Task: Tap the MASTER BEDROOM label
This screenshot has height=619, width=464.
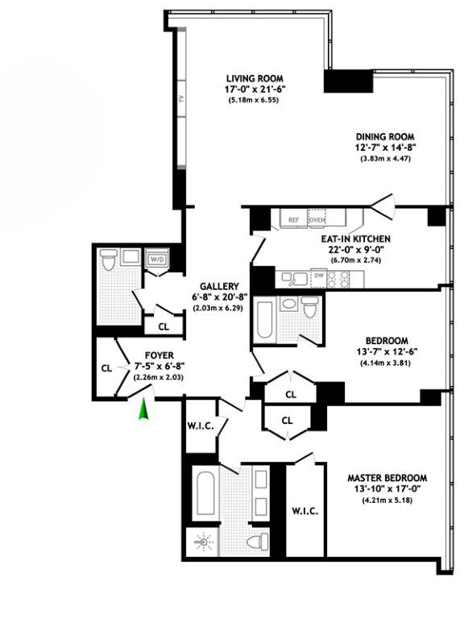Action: [387, 477]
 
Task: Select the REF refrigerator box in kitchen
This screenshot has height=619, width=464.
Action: [294, 218]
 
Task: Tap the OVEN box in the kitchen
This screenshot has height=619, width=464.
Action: [317, 218]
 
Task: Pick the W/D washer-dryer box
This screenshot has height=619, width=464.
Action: [156, 260]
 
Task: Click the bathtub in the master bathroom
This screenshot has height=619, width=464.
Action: [204, 496]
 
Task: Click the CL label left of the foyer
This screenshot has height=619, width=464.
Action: [106, 368]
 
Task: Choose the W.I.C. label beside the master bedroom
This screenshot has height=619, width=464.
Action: [304, 511]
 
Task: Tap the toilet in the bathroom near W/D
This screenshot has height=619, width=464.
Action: [108, 260]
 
